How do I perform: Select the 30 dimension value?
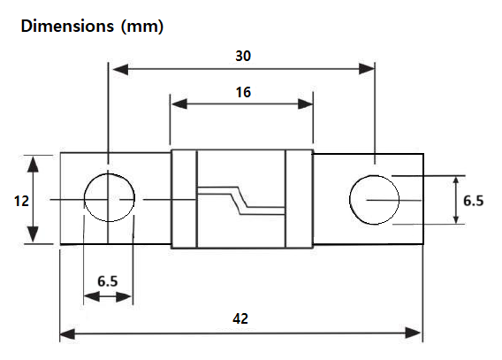click(241, 55)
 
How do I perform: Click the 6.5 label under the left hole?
click(108, 280)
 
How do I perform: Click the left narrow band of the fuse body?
click(183, 200)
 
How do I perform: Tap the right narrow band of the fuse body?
click(299, 200)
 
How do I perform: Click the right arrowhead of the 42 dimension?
click(417, 334)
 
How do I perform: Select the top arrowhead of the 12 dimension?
click(34, 160)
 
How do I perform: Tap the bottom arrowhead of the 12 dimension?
click(34, 238)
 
